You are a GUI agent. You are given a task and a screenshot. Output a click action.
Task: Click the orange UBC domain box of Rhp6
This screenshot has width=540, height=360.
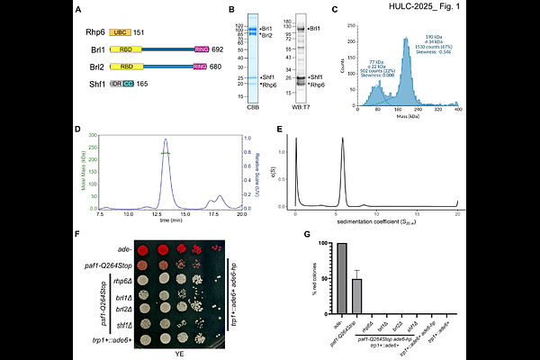tap(120, 31)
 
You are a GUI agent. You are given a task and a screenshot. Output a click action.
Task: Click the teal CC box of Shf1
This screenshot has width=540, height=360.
tap(126, 83)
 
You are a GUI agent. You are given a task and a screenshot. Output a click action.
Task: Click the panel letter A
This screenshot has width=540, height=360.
tap(78, 10)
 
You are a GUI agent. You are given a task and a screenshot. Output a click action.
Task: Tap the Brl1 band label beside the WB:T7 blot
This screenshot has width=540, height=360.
tap(314, 30)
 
